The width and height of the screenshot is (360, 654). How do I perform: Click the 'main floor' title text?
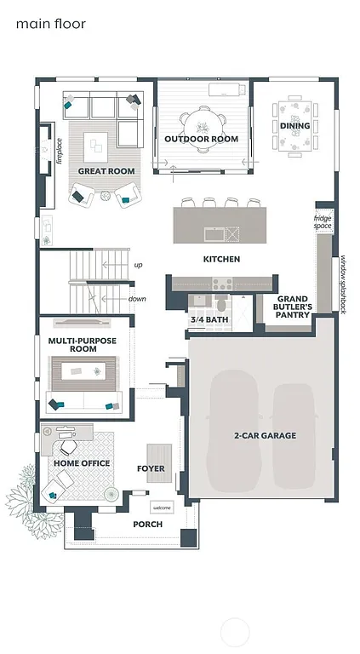pyautogui.click(x=50, y=25)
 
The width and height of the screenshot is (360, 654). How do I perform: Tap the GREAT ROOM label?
pyautogui.click(x=106, y=171)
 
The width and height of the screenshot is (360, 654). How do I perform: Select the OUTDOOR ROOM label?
pyautogui.click(x=201, y=139)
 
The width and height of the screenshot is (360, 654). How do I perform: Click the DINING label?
pyautogui.click(x=294, y=126)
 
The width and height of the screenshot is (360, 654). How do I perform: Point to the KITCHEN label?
pyautogui.click(x=220, y=259)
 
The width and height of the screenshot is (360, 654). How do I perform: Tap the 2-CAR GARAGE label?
pyautogui.click(x=265, y=436)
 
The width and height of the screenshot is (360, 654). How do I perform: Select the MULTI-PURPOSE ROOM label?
pyautogui.click(x=83, y=345)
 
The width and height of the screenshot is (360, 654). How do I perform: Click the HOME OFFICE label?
pyautogui.click(x=82, y=463)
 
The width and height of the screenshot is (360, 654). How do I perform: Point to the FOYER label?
pyautogui.click(x=151, y=468)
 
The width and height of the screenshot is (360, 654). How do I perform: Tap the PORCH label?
pyautogui.click(x=147, y=525)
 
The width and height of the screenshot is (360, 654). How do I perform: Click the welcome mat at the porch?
pyautogui.click(x=162, y=508)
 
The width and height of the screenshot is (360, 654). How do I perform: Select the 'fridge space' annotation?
pyautogui.click(x=322, y=222)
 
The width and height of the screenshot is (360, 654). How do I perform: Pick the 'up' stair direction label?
pyautogui.click(x=138, y=265)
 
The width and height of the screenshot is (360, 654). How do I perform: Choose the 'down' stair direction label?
pyautogui.click(x=137, y=299)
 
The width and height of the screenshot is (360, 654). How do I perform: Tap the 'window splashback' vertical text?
pyautogui.click(x=344, y=285)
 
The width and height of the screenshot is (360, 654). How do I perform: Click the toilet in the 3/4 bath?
pyautogui.click(x=220, y=304)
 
